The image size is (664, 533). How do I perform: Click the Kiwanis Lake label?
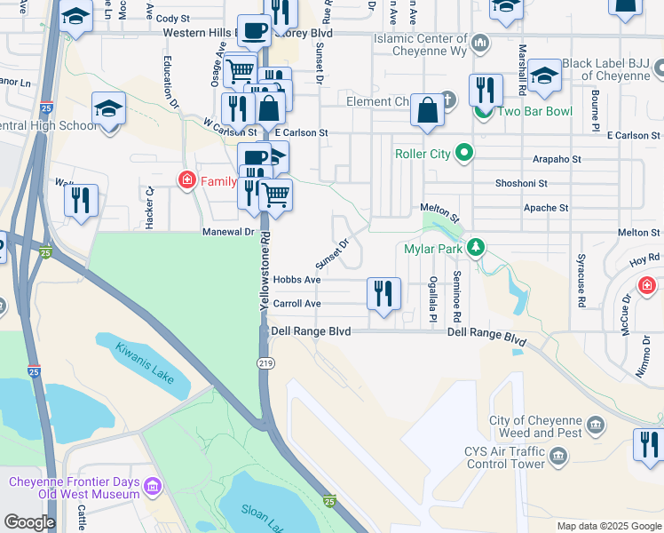[145, 362]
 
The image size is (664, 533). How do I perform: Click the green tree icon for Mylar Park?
[477, 247]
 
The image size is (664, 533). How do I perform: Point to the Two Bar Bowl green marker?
[484, 112]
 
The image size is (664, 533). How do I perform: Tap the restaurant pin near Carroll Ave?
[383, 294]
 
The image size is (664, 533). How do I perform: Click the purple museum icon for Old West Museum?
[152, 487]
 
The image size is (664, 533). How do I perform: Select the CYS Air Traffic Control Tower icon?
[557, 457]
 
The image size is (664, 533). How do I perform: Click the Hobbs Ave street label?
[296, 279]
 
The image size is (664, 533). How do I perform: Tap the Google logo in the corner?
[29, 522]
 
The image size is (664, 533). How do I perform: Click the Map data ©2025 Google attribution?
[608, 526]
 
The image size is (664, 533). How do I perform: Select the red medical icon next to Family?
[187, 181]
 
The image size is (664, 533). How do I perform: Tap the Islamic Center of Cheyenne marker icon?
[480, 42]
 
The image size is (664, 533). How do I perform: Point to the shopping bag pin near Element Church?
[428, 112]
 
